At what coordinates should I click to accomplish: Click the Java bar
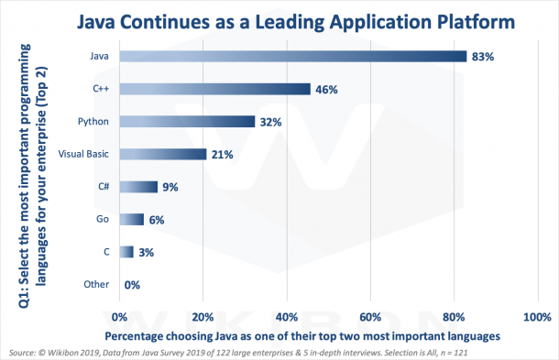(x=293, y=57)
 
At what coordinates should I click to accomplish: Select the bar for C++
(x=215, y=90)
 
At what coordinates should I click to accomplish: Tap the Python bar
(x=187, y=122)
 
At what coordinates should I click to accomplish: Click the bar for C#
(x=138, y=187)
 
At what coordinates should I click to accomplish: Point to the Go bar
(x=132, y=219)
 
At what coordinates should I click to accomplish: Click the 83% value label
(x=483, y=57)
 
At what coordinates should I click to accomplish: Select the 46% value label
(x=327, y=90)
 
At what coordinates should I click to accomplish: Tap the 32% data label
(x=270, y=122)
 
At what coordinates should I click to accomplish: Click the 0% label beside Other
(x=132, y=285)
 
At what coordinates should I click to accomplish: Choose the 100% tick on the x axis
(x=535, y=316)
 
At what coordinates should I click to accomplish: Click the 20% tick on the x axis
(x=203, y=316)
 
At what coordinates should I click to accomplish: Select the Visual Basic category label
(x=84, y=154)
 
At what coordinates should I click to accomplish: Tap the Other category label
(x=96, y=284)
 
